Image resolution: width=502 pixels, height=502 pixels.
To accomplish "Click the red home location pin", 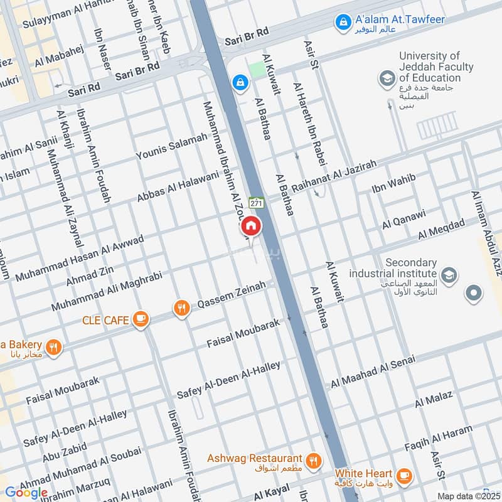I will click(250, 225).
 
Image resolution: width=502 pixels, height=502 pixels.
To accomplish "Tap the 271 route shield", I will click(256, 203).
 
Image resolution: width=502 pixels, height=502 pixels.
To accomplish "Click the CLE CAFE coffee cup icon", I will click(141, 319).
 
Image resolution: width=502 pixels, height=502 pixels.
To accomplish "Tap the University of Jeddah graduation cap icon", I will click(386, 78).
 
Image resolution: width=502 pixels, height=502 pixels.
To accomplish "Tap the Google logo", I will click(26, 493).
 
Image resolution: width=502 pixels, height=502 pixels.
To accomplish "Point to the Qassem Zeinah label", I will click(232, 296).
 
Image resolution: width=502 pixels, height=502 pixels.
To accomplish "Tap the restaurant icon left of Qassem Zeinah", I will click(181, 308).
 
